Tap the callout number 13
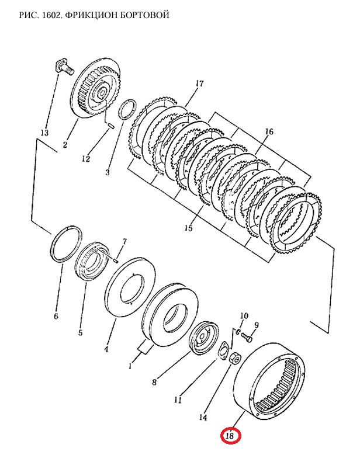pos(44,133)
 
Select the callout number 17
pos(199,84)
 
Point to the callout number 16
pos(269,131)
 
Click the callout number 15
pos(188,228)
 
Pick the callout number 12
pos(86,159)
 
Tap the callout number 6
pos(56,316)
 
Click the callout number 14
pos(203,417)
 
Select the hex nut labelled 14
pos(234,359)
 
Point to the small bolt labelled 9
pos(247,337)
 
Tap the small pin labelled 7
pos(115,261)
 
